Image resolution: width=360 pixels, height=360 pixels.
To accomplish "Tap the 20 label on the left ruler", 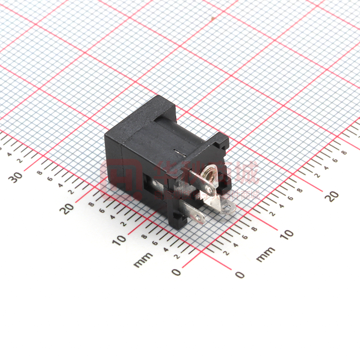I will (x=68, y=208).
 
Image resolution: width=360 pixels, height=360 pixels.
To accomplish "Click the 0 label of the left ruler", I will (x=176, y=272).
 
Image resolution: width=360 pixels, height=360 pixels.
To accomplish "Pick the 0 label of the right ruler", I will (x=240, y=275).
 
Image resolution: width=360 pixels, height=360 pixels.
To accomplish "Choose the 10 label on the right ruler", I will (x=286, y=234).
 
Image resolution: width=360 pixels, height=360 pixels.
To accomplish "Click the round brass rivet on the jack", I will (x=208, y=173).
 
